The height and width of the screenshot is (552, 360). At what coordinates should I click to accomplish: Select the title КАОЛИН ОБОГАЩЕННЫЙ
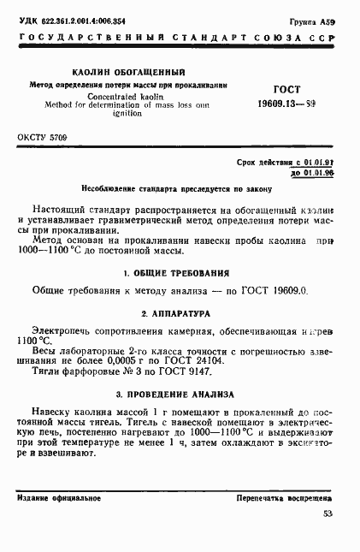pos(128,73)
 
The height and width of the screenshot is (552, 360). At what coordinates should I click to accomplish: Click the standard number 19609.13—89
pos(286,104)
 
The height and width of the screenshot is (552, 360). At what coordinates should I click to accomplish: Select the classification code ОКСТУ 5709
pos(43,137)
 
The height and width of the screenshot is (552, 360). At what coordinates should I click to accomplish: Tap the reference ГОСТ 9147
pos(168,372)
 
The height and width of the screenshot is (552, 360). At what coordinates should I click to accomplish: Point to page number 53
pos(328,513)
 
